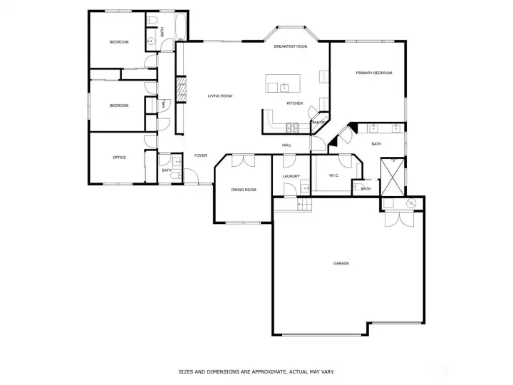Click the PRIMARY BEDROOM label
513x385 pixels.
point(374,73)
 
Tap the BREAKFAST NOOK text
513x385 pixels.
point(291,46)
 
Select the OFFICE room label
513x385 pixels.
point(119,157)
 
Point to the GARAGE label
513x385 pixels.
point(341,264)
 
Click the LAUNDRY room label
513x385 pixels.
point(291,176)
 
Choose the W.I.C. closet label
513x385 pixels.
point(333,176)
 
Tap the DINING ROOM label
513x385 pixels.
point(243,190)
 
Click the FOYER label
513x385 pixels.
point(201,155)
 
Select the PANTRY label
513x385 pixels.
point(318,123)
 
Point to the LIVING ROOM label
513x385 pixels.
point(220,96)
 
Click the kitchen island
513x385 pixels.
point(284,83)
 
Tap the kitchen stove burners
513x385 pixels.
point(292,128)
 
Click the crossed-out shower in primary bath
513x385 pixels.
point(392,177)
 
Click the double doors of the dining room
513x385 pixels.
point(242,160)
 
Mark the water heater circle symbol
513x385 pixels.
point(410,205)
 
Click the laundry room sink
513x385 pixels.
point(304,189)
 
